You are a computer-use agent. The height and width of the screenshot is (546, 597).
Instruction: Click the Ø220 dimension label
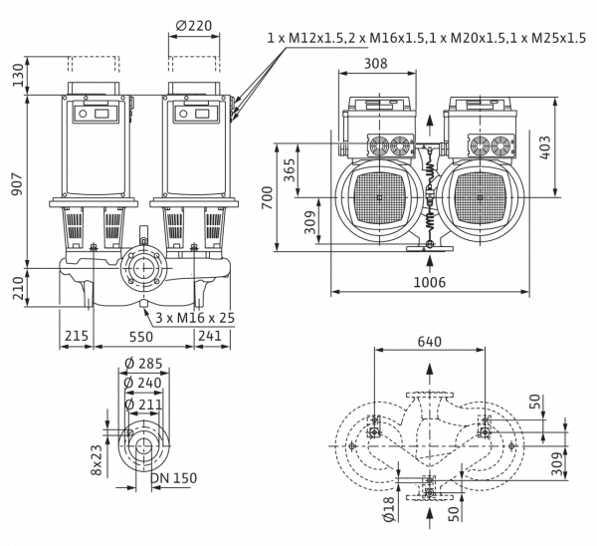click(194, 26)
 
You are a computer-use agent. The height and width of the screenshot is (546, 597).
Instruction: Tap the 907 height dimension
click(17, 183)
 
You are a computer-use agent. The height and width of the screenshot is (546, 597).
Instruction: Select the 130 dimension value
click(18, 75)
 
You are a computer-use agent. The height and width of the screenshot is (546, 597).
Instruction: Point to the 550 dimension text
click(141, 337)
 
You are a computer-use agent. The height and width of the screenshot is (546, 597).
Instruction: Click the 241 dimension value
click(210, 336)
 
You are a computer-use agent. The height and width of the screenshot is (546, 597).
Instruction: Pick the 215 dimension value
click(77, 336)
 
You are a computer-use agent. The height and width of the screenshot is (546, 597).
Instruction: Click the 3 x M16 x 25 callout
click(195, 318)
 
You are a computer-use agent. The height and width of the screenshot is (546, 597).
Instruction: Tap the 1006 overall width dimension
click(430, 282)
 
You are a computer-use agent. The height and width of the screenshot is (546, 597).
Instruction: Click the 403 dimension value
click(545, 147)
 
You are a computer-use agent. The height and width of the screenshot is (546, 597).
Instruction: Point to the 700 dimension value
click(268, 197)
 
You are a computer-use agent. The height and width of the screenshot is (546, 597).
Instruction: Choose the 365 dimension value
click(290, 169)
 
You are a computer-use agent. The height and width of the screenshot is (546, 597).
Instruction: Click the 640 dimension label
click(430, 342)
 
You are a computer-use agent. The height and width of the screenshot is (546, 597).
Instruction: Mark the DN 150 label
click(174, 478)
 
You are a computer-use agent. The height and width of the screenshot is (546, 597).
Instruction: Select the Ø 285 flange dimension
click(143, 364)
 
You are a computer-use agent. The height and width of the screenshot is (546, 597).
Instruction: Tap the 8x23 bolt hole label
click(97, 460)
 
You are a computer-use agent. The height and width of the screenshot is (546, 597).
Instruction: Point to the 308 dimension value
click(376, 63)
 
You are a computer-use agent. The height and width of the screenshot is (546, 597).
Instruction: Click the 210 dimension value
click(18, 288)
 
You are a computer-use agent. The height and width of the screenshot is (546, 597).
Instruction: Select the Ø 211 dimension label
click(143, 405)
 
